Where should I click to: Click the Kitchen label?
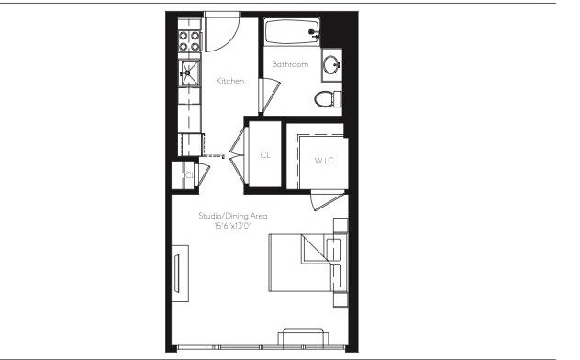tap(229, 82)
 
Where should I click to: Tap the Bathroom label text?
tap(289, 64)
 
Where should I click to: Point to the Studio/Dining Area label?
tap(232, 215)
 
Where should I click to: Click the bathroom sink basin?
tap(330, 65)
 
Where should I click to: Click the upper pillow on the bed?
tap(334, 248)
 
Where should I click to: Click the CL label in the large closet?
tap(265, 155)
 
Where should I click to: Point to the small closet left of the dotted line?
tap(187, 174)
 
